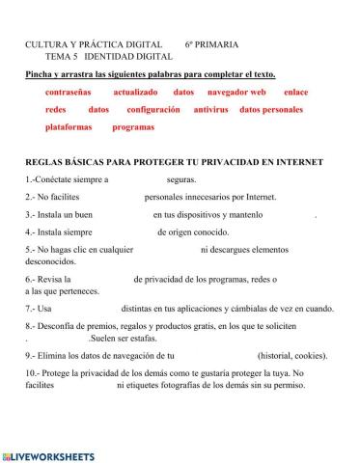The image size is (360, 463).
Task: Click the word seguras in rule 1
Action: (181, 179)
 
